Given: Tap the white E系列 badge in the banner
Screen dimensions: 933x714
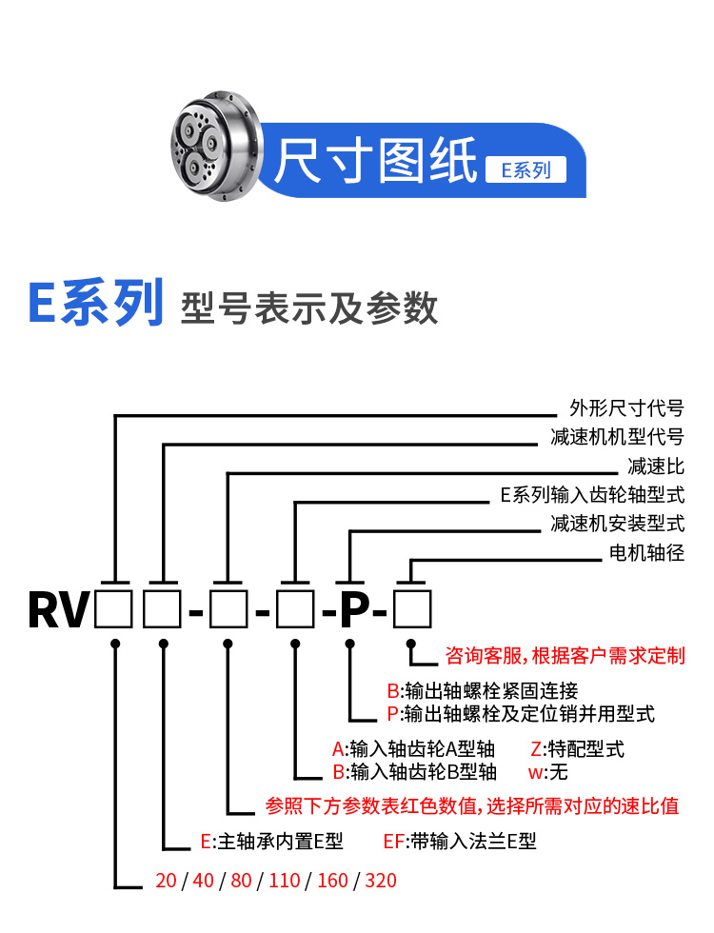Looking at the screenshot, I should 526,170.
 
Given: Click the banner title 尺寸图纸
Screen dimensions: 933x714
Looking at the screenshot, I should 375,160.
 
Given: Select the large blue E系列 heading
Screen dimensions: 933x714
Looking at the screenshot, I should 96,305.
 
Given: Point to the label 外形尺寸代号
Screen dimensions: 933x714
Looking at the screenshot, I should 626,409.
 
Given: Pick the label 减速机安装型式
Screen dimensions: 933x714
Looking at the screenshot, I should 617,524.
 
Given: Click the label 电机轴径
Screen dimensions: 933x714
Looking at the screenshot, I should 646,552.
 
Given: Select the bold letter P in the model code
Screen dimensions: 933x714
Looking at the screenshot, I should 354,610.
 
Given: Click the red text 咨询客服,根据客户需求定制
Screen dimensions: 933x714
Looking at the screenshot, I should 565,656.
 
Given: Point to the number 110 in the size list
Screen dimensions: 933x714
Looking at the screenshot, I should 285,880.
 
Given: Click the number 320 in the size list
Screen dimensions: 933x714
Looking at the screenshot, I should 380,880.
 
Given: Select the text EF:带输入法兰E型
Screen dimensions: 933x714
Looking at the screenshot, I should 460,842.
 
